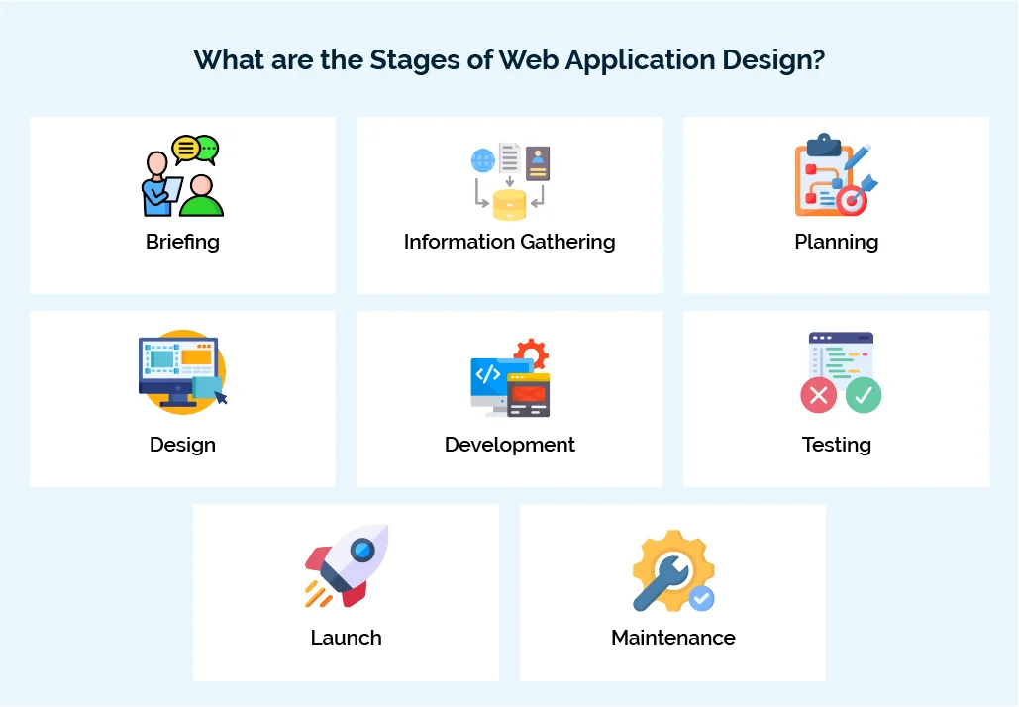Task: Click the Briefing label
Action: (182, 242)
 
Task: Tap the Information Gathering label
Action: (509, 242)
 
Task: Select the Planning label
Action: (836, 242)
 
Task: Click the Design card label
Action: (182, 445)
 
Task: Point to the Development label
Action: (509, 445)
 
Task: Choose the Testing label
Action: (836, 445)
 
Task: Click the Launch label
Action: (346, 638)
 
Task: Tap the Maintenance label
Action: (672, 638)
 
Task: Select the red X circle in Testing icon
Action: (818, 395)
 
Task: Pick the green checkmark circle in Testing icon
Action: (863, 395)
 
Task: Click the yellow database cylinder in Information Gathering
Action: (509, 204)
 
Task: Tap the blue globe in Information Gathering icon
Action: (482, 160)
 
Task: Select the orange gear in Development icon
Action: (532, 354)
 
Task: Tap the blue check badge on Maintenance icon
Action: (701, 597)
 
